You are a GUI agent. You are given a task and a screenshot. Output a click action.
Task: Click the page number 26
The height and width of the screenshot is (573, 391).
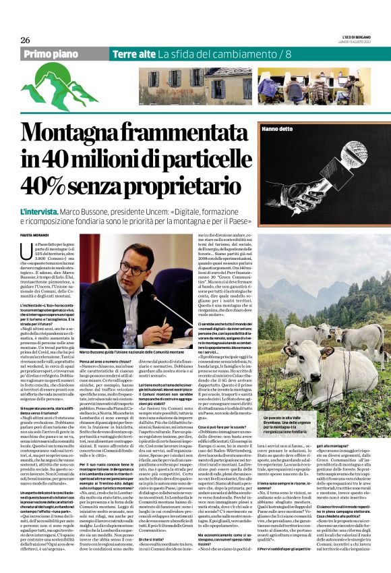(25, 40)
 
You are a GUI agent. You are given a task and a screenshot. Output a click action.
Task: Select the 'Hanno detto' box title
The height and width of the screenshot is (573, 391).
(277, 128)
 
